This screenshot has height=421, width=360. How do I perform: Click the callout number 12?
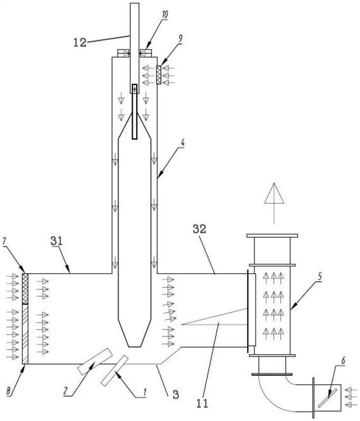coord(80,43)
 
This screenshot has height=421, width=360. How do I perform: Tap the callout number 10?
coord(165,15)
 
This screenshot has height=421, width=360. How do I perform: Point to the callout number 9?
coord(180,38)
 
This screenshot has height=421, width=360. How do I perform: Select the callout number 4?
coord(183,143)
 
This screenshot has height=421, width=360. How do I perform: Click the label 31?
coord(56,241)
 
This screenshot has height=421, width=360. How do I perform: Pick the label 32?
coord(199,229)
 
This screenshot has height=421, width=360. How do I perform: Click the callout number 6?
coord(343,361)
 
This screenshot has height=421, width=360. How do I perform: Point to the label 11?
coord(202,403)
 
